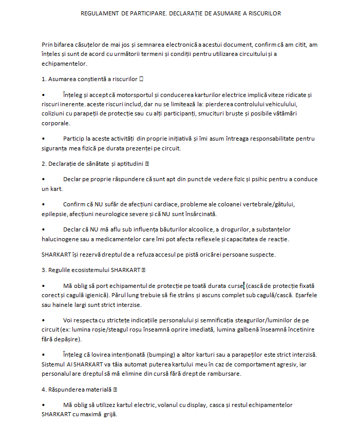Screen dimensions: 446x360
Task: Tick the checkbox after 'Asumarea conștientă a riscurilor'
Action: (x=141, y=79)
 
